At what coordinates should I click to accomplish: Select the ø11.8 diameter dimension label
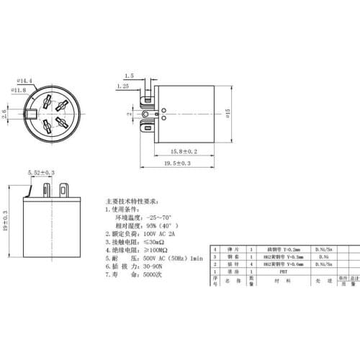click(22, 91)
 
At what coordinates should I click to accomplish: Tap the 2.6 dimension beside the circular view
click(5, 114)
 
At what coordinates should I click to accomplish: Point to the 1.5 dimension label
click(129, 75)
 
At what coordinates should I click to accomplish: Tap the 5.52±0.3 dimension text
click(40, 174)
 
